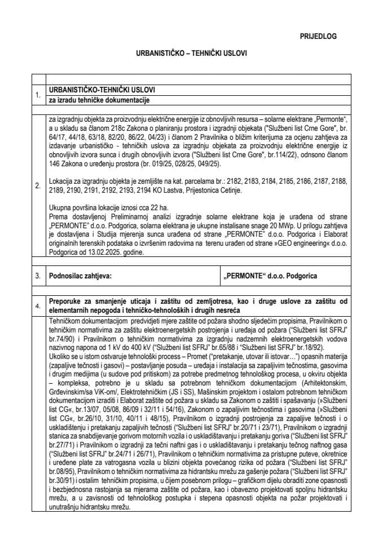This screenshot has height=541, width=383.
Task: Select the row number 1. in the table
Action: click(38, 95)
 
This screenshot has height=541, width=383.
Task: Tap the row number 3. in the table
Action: click(38, 276)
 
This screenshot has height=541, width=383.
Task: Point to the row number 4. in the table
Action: click(38, 306)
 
